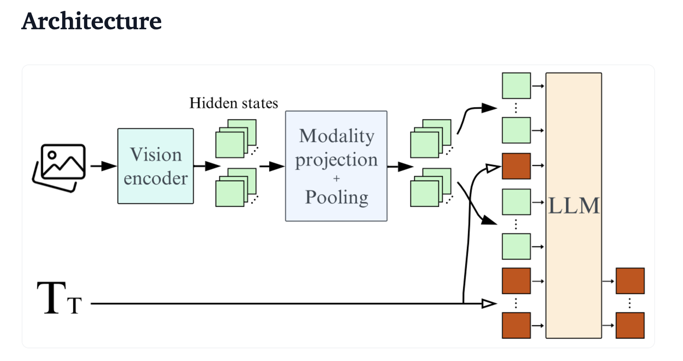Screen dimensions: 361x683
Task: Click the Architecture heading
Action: [x=92, y=21]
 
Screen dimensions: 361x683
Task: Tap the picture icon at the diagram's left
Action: [x=59, y=167]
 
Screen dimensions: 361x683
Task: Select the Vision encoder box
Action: [x=156, y=166]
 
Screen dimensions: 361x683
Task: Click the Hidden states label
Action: [x=234, y=103]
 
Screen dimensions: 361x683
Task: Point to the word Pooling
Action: [x=337, y=197]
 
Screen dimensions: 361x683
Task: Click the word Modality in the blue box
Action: [x=337, y=135]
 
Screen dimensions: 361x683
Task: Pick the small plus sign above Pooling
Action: [x=337, y=179]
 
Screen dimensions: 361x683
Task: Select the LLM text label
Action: [x=574, y=206]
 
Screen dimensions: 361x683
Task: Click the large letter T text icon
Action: [x=53, y=298]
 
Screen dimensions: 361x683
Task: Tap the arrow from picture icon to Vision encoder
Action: [x=103, y=166]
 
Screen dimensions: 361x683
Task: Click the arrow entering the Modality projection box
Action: [x=272, y=166]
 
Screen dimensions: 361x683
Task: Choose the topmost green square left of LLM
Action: [x=516, y=86]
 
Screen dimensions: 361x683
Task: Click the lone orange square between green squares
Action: [x=516, y=166]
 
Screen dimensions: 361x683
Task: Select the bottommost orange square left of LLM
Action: [x=516, y=325]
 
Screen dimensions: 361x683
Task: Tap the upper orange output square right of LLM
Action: [x=630, y=281]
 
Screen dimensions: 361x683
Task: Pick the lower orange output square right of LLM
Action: [x=630, y=325]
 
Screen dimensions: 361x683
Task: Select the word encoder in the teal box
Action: [x=156, y=179]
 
